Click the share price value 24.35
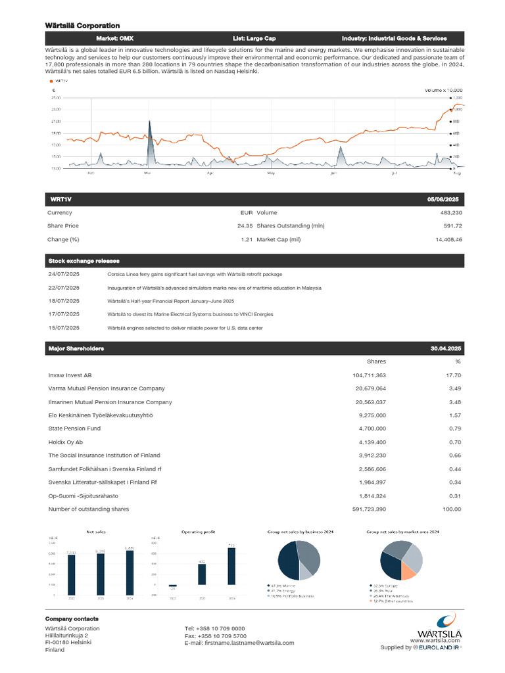click(245, 226)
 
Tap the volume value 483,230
click(450, 213)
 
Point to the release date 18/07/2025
click(64, 301)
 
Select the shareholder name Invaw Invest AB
click(70, 375)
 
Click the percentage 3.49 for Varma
click(454, 388)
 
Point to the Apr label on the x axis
click(210, 174)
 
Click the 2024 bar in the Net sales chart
click(130, 572)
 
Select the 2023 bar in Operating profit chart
click(202, 574)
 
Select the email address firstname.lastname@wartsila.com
click(239, 643)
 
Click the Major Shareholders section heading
click(76, 348)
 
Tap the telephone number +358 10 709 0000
click(215, 629)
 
